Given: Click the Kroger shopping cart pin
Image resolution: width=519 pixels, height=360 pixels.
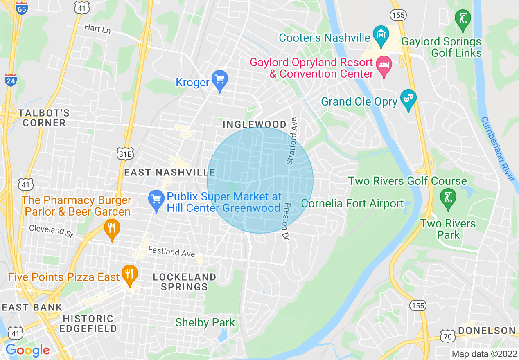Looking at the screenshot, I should (220, 79).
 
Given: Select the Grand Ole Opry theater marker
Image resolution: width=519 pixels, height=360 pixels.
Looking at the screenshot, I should (408, 99).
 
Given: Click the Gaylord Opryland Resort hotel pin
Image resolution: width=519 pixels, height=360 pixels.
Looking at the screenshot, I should (384, 65).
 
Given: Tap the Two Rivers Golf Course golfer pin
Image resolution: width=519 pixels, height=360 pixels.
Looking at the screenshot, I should (448, 198).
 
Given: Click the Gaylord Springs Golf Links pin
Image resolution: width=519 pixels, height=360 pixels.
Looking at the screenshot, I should (463, 19).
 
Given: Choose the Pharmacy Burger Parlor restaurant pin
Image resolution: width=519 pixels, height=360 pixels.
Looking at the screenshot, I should (112, 229).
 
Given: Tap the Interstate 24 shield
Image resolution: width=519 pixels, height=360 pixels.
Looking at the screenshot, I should (11, 79).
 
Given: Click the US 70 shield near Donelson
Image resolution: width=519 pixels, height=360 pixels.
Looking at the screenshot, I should (447, 335).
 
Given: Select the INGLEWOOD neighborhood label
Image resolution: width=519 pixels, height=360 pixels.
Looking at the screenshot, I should (255, 124).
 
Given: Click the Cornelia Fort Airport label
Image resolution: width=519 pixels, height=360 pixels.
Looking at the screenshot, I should (352, 203).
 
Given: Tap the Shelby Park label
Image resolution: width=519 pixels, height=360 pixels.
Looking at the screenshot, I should (205, 322).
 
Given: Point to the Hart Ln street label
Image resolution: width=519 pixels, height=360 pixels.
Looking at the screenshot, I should (97, 29).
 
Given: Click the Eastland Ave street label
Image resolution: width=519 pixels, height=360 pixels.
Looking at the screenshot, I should (171, 252).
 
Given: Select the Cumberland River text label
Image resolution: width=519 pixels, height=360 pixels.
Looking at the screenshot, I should (497, 149).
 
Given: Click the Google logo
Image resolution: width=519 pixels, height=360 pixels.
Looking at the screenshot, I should (27, 351).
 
